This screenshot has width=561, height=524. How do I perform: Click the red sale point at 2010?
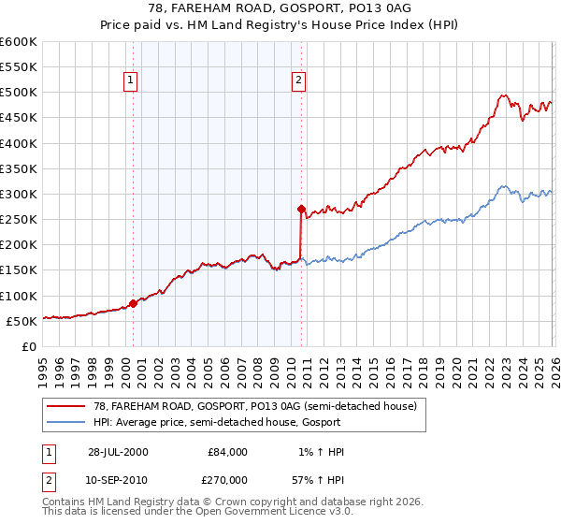point(301,209)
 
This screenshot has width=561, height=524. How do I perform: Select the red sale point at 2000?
point(133,303)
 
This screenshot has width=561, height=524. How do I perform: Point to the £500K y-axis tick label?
point(19,93)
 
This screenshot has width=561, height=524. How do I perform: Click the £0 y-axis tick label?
point(30,346)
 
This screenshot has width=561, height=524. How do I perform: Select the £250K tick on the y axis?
point(19,220)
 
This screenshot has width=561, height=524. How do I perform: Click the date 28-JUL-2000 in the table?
point(118,452)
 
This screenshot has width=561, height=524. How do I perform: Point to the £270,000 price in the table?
point(227,478)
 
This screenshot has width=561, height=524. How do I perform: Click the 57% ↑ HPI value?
point(318,478)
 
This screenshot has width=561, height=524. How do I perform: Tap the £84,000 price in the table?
point(227,452)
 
